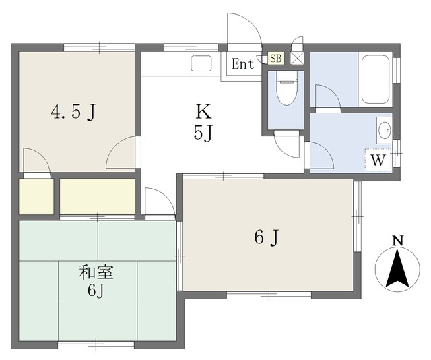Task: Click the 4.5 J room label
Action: point(73,113)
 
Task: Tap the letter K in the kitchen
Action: point(203,111)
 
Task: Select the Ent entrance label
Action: point(242,64)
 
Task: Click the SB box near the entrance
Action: point(275,59)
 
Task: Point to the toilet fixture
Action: point(287,88)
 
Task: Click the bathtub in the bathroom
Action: point(376,80)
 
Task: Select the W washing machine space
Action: point(378,160)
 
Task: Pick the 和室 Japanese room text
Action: point(96,272)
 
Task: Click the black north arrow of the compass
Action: point(397,268)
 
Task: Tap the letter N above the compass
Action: point(397,240)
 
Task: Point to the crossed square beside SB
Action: point(297,58)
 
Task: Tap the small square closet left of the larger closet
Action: point(36,196)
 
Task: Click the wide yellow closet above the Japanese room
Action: point(97,196)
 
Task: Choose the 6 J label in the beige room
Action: point(267,237)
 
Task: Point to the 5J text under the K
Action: point(203,133)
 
